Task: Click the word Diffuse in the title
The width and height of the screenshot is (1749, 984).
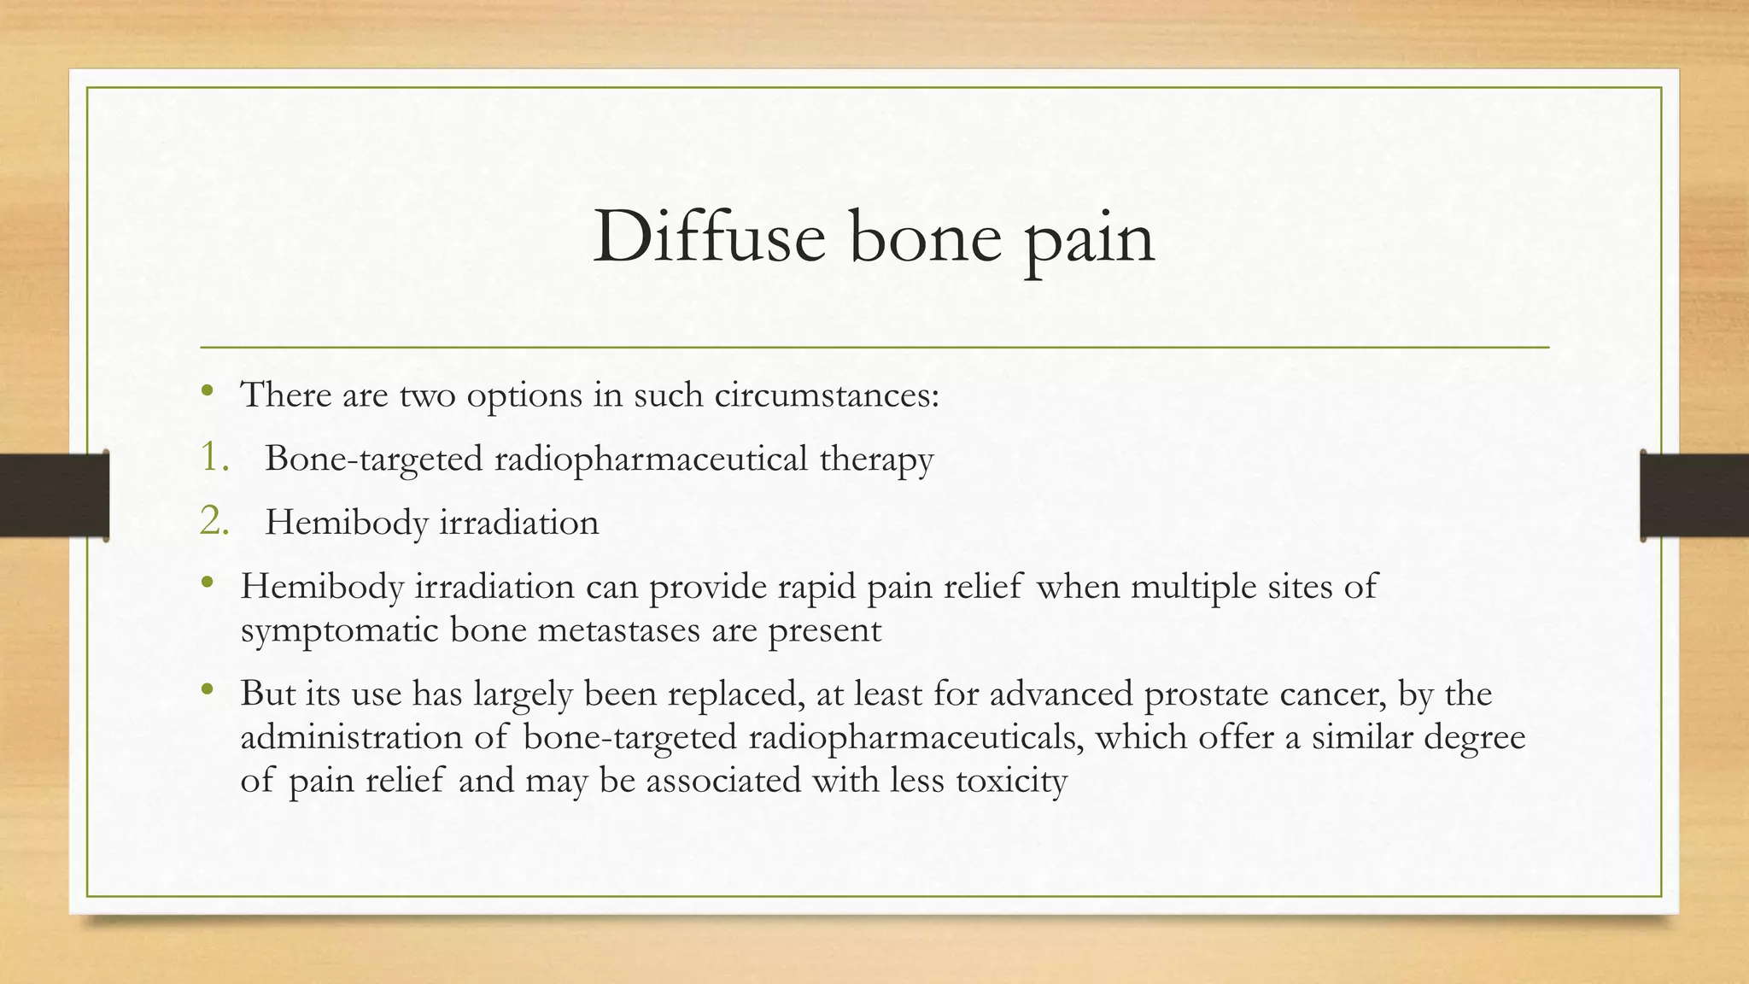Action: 709,237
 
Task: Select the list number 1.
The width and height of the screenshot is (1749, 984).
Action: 214,458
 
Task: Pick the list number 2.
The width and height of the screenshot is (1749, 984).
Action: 214,522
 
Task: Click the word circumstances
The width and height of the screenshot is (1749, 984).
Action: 826,395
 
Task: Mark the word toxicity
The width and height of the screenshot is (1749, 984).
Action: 1011,781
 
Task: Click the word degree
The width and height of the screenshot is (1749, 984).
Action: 1474,738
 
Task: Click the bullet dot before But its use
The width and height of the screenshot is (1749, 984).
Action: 207,690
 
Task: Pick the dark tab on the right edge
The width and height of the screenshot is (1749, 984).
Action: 1694,495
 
